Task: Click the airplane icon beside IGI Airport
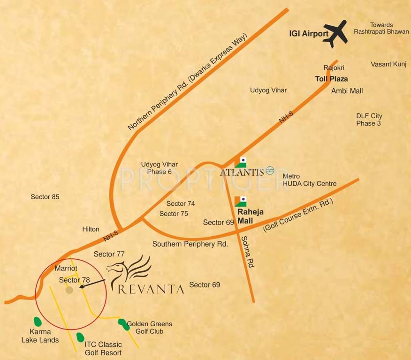[x=335, y=33]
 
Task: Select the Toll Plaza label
[x=331, y=79]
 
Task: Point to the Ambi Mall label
[x=347, y=90]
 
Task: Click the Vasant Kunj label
[x=388, y=64]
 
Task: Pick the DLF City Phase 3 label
[x=369, y=120]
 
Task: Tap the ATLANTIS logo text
[x=242, y=172]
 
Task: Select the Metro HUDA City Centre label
[x=309, y=180]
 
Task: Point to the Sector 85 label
[x=45, y=197]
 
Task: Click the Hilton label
[x=91, y=229]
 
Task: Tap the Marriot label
[x=66, y=269]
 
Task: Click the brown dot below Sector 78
[x=69, y=290]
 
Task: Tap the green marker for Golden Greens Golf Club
[x=122, y=323]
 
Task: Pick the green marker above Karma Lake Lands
[x=37, y=322]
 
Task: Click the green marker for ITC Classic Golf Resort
[x=80, y=337]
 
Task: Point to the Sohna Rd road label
[x=247, y=252]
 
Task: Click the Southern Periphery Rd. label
[x=190, y=244]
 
